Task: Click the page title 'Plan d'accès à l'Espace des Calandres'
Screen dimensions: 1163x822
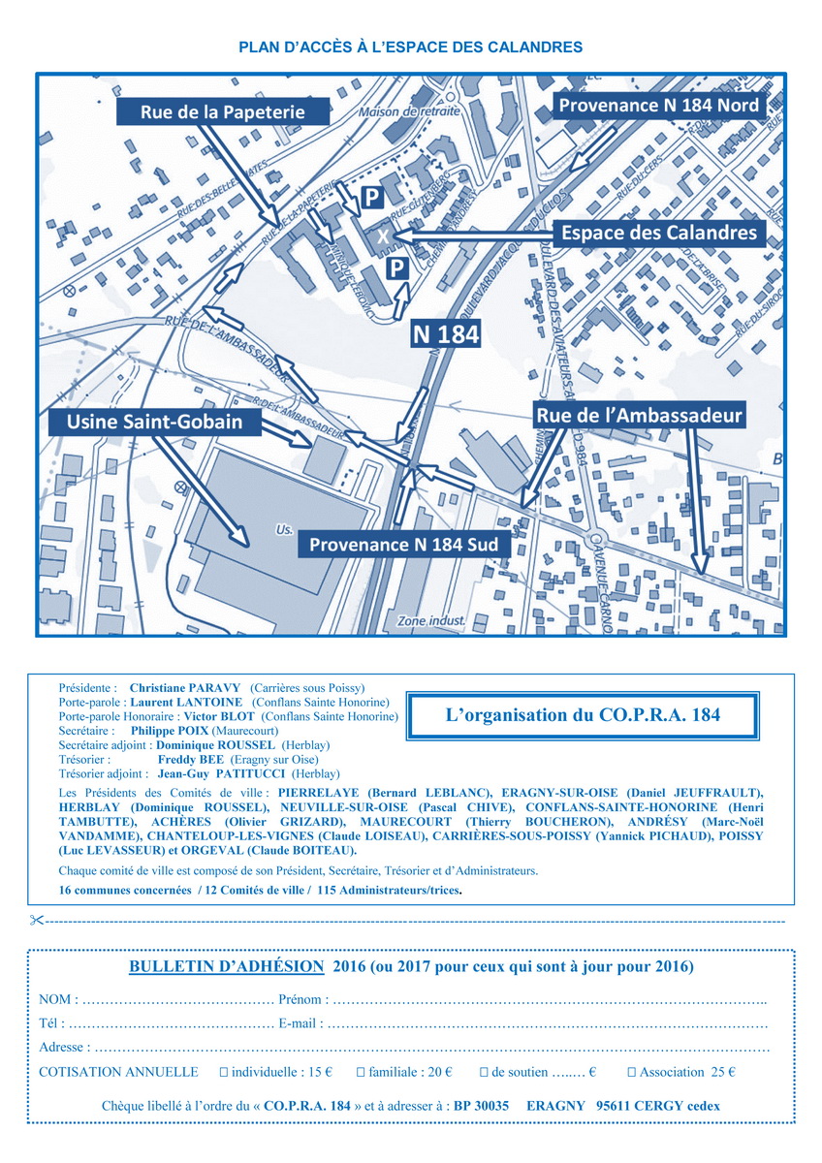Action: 410,47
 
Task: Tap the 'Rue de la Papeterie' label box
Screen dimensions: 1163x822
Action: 222,112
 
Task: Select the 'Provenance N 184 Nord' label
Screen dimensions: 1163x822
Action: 656,106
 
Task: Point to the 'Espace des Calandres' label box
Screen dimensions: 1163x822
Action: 658,233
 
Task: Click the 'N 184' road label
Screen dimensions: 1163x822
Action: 446,332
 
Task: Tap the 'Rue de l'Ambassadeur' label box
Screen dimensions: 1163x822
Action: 639,416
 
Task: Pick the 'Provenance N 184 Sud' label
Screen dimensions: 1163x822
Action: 403,545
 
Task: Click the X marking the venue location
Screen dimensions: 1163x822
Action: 383,236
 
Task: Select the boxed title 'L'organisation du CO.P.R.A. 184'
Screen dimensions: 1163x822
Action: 583,716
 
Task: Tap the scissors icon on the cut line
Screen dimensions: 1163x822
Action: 36,920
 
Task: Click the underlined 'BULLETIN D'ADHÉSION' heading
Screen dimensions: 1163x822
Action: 227,966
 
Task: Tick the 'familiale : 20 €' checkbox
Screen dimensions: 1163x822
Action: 361,1072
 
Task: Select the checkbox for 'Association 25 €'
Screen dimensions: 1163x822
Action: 631,1072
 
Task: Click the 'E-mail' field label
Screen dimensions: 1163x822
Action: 299,1022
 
